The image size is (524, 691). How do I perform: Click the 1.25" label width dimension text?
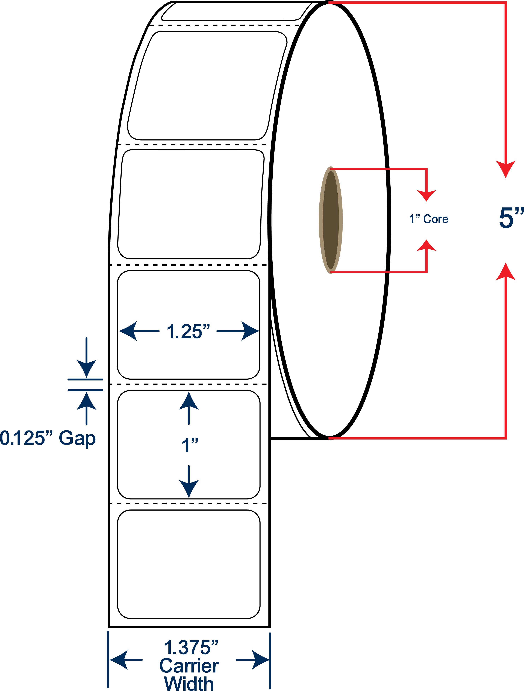pos(188,331)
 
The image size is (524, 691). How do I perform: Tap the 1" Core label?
pos(428,219)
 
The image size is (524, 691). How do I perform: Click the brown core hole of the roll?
pos(331,220)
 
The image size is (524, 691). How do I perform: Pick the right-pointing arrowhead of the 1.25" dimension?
pos(250,331)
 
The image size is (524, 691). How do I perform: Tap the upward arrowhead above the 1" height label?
pos(189,401)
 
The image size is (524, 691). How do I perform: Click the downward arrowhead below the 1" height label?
pos(189,489)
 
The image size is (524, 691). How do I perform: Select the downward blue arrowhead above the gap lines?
pos(87,369)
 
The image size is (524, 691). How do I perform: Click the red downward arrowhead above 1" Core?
pos(426,196)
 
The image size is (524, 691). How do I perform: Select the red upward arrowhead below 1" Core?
pos(426,245)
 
